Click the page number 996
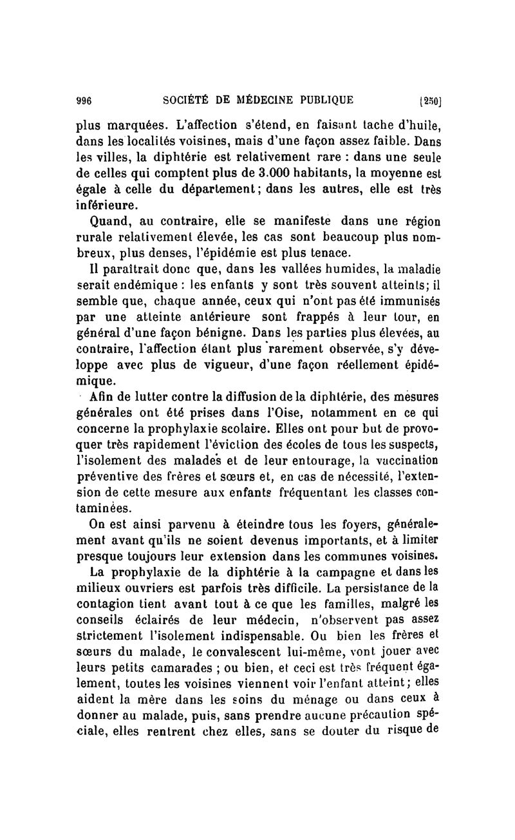(x=85, y=100)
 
